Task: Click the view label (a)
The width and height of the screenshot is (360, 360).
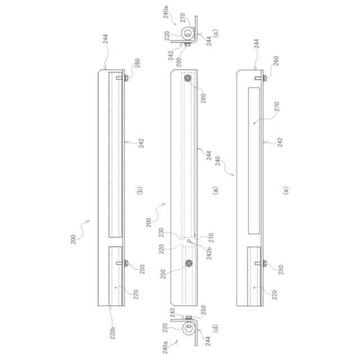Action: pyautogui.click(x=215, y=190)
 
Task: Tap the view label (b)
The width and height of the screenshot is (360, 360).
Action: pyautogui.click(x=139, y=190)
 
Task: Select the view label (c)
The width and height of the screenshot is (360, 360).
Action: pyautogui.click(x=216, y=33)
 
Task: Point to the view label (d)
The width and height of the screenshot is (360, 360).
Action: pyautogui.click(x=215, y=328)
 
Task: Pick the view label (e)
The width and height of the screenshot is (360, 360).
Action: pyautogui.click(x=286, y=190)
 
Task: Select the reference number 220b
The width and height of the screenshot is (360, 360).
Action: pyautogui.click(x=112, y=332)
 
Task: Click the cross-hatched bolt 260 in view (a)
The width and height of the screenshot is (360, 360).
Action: pyautogui.click(x=187, y=78)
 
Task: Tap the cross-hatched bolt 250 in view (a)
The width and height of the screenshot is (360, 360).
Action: pyautogui.click(x=189, y=263)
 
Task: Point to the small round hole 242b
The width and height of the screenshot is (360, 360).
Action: pyautogui.click(x=189, y=241)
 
